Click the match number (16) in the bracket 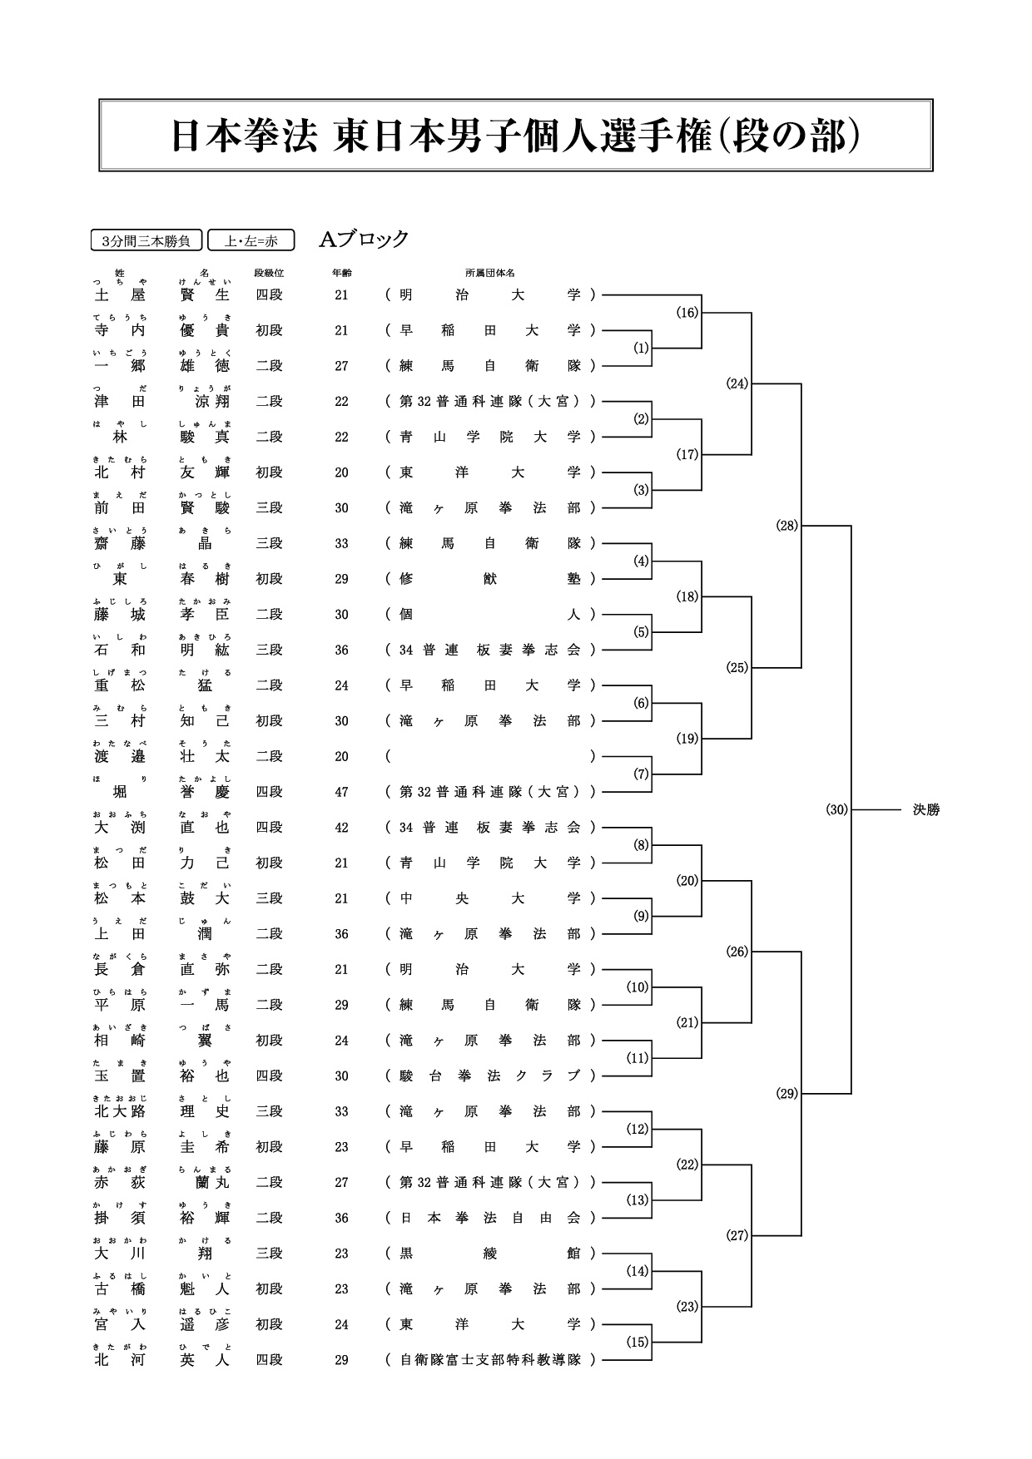[x=687, y=313]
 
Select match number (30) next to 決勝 [x=836, y=809]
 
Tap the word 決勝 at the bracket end [x=925, y=809]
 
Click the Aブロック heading [x=365, y=240]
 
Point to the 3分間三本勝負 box [x=146, y=241]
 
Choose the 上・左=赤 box [x=251, y=241]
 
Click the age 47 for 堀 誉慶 [x=341, y=792]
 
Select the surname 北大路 [x=120, y=1111]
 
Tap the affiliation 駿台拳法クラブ [x=490, y=1076]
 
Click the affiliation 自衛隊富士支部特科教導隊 [x=490, y=1360]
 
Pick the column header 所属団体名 [x=490, y=272]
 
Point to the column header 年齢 [x=341, y=272]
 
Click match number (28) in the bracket [x=786, y=526]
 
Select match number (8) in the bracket [x=641, y=845]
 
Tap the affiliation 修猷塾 [x=490, y=579]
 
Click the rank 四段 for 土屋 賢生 [x=269, y=294]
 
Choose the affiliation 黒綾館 [x=490, y=1254]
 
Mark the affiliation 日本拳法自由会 [x=490, y=1218]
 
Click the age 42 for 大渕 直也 [x=341, y=828]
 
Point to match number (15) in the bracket [x=638, y=1342]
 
